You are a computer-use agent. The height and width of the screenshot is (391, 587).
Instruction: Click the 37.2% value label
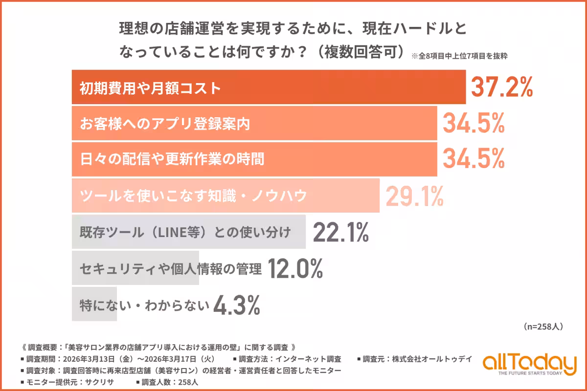tap(501, 87)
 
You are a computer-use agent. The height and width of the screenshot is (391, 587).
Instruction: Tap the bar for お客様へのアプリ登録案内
tap(254, 124)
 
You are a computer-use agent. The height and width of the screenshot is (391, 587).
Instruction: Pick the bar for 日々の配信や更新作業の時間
tap(254, 159)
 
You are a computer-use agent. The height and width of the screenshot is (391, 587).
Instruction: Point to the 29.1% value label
tap(415, 196)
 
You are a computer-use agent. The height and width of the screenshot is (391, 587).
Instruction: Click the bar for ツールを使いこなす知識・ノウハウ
tap(225, 196)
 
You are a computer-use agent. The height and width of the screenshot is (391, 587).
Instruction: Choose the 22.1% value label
tap(340, 232)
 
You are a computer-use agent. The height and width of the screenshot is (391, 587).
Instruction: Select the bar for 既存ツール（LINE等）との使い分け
tap(188, 232)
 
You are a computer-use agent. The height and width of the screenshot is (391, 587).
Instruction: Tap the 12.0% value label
tap(295, 268)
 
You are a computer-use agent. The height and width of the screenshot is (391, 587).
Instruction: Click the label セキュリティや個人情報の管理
tap(171, 268)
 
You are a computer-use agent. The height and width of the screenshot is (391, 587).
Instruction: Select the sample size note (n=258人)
tap(543, 326)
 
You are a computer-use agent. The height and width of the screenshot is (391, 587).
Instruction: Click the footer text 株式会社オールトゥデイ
tap(431, 359)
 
